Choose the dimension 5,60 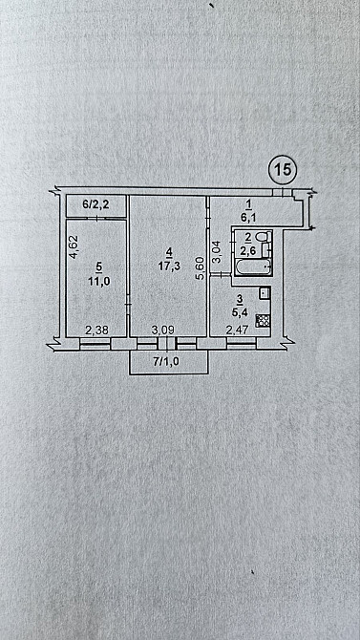[x=199, y=268]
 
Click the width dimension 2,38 [x=96, y=331]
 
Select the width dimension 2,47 [x=236, y=331]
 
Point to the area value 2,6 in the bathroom [x=248, y=250]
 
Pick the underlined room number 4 [x=169, y=252]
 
